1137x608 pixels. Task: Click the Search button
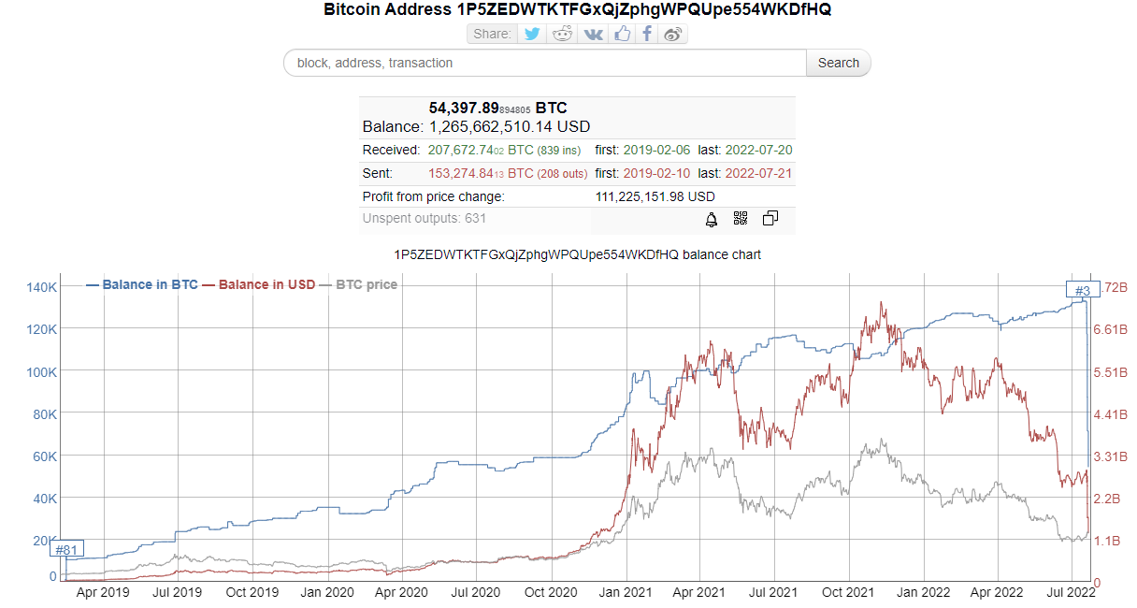coord(838,63)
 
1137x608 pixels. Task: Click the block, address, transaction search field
coord(545,63)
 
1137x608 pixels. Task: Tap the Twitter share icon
coord(532,34)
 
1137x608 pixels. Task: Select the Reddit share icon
coord(562,34)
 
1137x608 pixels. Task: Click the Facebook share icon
coord(646,34)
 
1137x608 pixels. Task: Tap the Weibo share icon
coord(673,34)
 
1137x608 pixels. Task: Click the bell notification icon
coord(712,219)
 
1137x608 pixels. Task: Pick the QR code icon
coord(741,219)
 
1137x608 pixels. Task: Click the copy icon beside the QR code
coord(770,219)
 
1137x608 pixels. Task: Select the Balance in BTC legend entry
coord(141,284)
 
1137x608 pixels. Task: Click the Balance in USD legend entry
coord(258,284)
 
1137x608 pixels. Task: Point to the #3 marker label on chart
coord(1083,289)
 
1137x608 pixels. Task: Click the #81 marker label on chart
coord(66,549)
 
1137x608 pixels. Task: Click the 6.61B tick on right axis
coord(1112,329)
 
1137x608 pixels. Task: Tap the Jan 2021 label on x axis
coord(625,592)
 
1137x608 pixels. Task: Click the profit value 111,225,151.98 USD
coord(655,196)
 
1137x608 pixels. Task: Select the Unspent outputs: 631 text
coord(425,219)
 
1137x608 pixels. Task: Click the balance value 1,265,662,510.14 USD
coord(510,126)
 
